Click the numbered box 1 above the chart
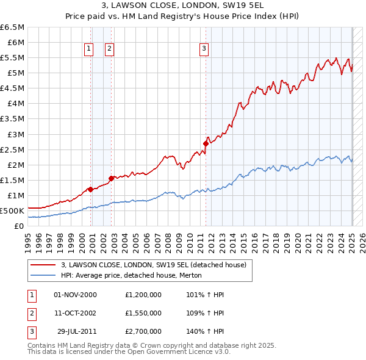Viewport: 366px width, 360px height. (x=89, y=49)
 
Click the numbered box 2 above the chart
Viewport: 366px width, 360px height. (x=109, y=49)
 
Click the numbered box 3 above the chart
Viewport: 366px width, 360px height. (x=203, y=49)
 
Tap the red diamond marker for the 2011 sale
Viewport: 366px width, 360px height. (x=206, y=143)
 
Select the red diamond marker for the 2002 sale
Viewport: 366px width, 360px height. (x=112, y=178)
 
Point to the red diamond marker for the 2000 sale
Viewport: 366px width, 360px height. (x=90, y=189)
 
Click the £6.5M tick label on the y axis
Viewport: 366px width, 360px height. (x=13, y=27)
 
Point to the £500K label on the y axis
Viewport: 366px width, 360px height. (x=13, y=211)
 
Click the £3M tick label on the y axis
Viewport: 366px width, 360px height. (x=15, y=134)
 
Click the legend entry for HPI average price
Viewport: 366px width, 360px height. (x=135, y=275)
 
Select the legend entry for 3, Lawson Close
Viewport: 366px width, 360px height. (x=153, y=265)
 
